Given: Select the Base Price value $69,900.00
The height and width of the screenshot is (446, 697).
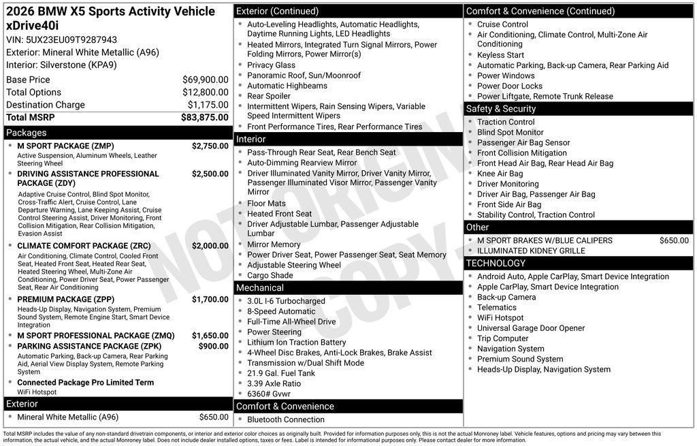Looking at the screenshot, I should (x=205, y=80).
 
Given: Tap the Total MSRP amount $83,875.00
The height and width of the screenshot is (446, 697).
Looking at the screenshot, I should (x=204, y=117).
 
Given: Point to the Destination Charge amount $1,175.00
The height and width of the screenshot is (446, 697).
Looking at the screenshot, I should (x=208, y=105).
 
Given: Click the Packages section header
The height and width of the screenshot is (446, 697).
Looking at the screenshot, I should (x=27, y=133).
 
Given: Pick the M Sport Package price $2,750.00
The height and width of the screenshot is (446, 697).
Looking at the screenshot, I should (x=210, y=146).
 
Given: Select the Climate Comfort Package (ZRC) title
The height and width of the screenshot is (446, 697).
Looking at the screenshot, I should (x=84, y=246).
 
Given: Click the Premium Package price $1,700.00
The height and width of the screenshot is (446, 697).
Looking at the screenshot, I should (x=210, y=300).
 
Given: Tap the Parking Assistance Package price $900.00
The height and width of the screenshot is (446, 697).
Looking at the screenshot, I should (x=213, y=347).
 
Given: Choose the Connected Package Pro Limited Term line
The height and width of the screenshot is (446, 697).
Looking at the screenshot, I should (x=85, y=383).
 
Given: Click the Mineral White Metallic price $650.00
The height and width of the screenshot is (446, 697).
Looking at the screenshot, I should (x=214, y=417).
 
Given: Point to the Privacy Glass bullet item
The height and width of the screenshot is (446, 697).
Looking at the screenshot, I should (x=271, y=65).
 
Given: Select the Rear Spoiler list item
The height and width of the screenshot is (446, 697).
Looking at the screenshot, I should (x=269, y=96).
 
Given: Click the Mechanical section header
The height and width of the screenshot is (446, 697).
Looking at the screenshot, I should (x=260, y=288).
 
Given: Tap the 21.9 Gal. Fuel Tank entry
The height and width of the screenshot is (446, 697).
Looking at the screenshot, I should (x=281, y=373).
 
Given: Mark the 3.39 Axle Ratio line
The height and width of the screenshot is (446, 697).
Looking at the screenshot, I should (x=274, y=383).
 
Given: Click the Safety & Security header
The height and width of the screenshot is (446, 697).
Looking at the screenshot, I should (x=501, y=109).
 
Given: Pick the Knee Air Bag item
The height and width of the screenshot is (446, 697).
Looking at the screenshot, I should (x=500, y=174).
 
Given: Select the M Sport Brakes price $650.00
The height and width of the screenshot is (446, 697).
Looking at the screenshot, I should (x=674, y=240).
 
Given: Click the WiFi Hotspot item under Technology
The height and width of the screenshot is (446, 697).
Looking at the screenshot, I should (x=500, y=318).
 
